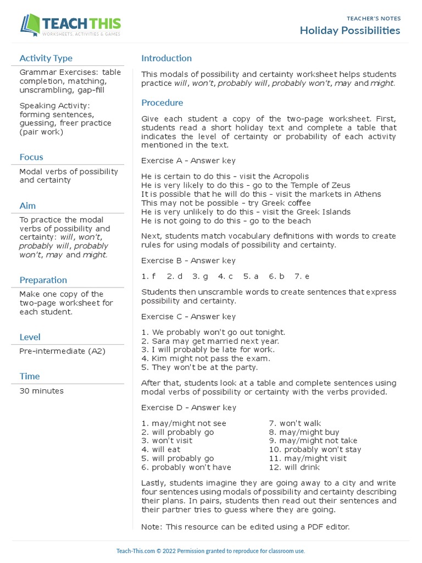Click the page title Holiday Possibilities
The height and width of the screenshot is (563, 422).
349,30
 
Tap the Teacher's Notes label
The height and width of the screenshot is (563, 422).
374,18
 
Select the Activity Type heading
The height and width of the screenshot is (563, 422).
46,58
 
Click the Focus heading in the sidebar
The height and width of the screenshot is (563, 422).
31,157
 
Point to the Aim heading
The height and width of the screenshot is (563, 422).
27,206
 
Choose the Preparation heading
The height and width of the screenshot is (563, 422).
43,280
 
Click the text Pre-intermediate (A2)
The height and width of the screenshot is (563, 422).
54,351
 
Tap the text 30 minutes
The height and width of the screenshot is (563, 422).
41,391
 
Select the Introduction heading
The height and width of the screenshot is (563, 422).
166,58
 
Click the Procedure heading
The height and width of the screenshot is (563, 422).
162,103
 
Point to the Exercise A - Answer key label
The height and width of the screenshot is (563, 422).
188,161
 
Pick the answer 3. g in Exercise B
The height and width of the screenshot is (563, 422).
200,277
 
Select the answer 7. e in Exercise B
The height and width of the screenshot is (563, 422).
302,277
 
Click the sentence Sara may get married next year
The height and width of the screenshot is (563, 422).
209,341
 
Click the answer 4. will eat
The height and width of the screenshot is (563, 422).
160,450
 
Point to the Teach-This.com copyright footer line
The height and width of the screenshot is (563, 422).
210,551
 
